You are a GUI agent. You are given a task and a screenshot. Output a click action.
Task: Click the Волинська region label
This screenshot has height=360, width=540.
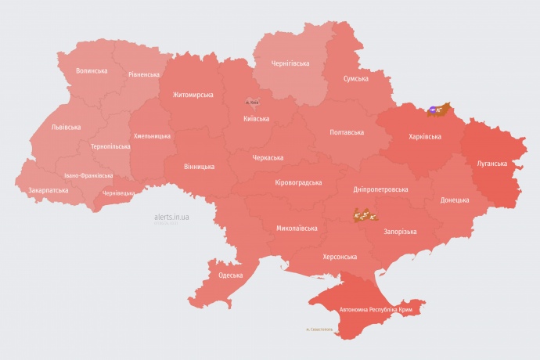coord(92,70)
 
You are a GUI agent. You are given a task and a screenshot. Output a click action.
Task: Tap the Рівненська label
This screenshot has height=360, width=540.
coord(144,75)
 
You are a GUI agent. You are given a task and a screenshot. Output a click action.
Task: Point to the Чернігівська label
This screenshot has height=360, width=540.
coord(290,63)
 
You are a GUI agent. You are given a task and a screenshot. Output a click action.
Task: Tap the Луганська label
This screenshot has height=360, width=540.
coord(492,164)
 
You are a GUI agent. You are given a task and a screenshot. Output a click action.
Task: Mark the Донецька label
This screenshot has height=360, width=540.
coord(455,200)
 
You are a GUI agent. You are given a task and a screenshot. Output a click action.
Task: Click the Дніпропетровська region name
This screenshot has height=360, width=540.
coord(380,189)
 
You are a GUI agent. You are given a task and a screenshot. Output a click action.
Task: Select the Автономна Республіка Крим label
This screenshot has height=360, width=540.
coord(376,311)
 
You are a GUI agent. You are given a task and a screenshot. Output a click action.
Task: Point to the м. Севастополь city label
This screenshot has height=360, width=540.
coord(319,329)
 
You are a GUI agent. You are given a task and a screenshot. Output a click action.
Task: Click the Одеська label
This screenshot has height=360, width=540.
coord(230,275)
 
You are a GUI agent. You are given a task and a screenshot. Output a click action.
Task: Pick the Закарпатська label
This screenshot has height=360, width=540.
coord(49,190)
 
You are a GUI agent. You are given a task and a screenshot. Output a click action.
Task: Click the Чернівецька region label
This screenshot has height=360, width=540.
coord(119,193)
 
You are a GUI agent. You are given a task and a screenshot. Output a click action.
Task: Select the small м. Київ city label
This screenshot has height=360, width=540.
coord(252,102)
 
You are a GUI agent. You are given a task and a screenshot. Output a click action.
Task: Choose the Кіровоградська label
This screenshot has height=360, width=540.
coord(298,182)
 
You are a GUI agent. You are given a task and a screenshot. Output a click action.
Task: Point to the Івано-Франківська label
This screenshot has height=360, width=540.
coord(88,176)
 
